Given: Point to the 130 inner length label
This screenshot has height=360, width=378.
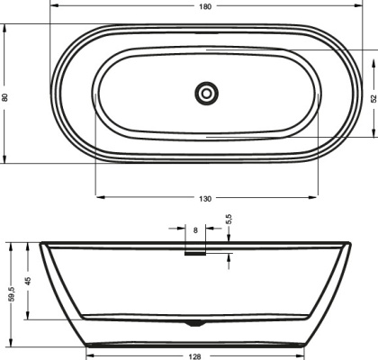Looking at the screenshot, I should tap(206, 199).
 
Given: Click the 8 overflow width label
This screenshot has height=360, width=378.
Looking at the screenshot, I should tap(196, 231).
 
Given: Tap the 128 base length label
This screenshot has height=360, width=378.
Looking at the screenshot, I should tap(194, 355).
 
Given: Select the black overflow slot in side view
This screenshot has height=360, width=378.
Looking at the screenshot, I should tap(195, 253).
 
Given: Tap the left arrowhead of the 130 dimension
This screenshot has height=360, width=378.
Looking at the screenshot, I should tap(98, 194).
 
